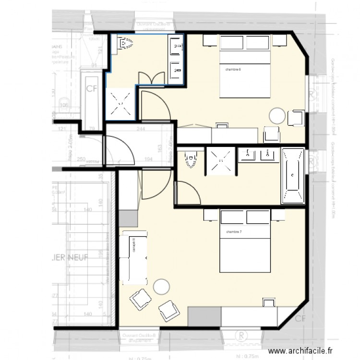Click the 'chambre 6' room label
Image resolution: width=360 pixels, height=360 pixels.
pos(233,70)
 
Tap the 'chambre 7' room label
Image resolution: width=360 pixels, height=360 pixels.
pos(234,233)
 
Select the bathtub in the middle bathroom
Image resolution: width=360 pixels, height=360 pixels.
pos(293,176)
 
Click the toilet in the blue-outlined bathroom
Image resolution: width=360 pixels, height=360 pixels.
pos(124,45)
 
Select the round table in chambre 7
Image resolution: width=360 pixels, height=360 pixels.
pos(161,287)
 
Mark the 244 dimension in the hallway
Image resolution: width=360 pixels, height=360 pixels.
pos(142,129)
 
